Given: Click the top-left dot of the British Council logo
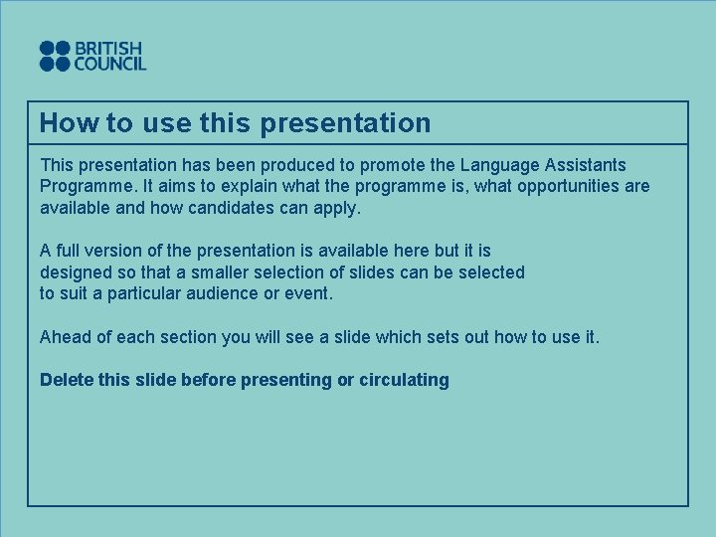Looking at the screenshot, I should [47, 48].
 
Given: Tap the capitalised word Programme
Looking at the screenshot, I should [84, 187].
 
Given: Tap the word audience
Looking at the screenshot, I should [230, 294].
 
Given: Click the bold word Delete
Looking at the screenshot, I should [67, 380].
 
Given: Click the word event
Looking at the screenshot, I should [310, 294].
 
